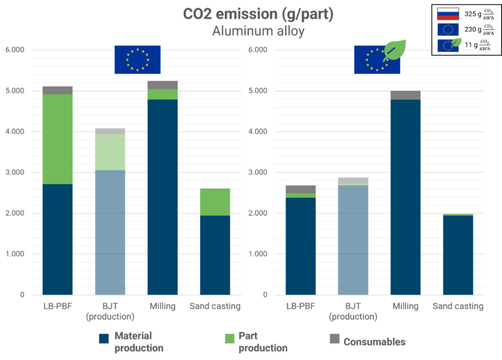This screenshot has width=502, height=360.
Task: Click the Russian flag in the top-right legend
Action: (x=448, y=13)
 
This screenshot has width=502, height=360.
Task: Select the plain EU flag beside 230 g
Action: (x=448, y=29)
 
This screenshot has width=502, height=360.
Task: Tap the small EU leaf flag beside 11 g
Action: (x=448, y=45)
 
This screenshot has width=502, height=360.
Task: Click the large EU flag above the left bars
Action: (x=137, y=59)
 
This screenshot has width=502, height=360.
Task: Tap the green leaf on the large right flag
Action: (x=393, y=49)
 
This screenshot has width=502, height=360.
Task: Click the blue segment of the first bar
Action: (x=58, y=239)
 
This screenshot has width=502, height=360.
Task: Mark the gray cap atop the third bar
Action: (x=163, y=85)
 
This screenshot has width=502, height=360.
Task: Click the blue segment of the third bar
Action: (x=163, y=196)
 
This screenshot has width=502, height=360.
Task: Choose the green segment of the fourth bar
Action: (x=215, y=202)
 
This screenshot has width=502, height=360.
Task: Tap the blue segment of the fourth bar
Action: (x=215, y=255)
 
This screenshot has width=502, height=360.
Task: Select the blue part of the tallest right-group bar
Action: (x=405, y=196)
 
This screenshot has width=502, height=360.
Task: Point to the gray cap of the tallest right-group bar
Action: (x=405, y=95)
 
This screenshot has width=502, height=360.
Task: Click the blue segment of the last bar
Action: (x=458, y=255)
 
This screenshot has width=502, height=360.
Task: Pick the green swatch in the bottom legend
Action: (x=231, y=339)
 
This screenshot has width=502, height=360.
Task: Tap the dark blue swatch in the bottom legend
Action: (x=106, y=346)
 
